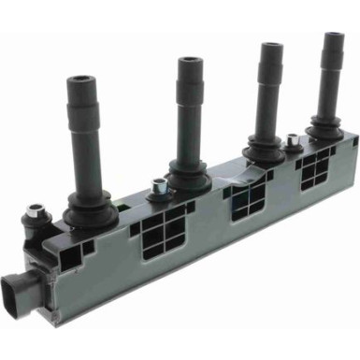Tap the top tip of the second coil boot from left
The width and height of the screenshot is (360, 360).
coord(190,62)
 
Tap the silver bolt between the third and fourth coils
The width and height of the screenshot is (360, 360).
coord(295,140)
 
